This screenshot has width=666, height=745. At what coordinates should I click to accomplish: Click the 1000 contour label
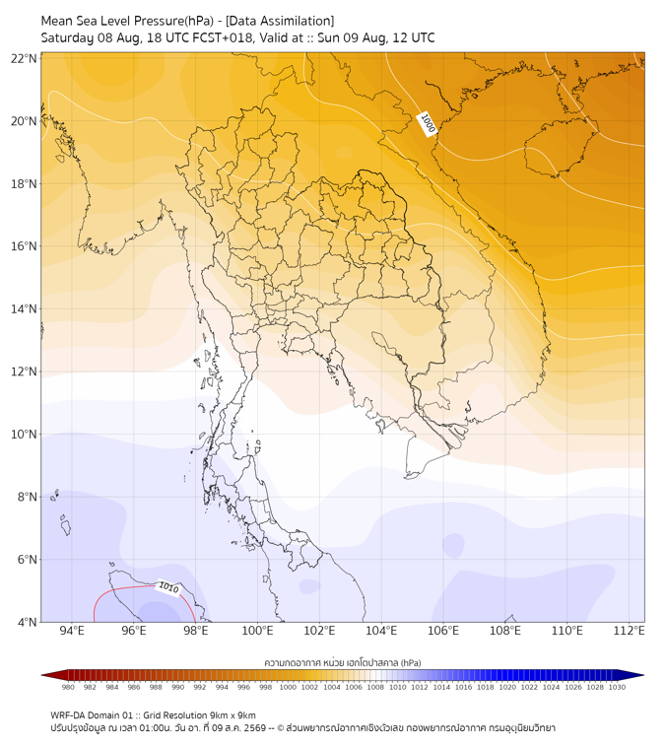coord(428,124)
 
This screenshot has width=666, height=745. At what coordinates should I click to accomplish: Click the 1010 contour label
coord(168,587)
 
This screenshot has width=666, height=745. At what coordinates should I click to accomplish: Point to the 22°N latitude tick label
coord(24,58)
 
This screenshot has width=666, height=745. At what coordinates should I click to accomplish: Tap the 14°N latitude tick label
coord(24,308)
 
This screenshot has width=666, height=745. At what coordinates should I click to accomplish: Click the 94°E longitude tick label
coord(72,631)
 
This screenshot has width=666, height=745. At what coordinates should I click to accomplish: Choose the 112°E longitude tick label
coord(629,631)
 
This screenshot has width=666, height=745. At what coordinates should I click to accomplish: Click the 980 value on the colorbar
coord(68,687)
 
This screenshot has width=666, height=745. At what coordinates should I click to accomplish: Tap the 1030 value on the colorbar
coord(617,687)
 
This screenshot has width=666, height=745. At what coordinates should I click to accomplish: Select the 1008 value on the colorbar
coord(375,687)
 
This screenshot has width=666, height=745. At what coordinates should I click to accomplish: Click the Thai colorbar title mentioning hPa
coord(343,662)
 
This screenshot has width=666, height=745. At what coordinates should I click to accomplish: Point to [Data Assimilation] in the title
coord(280,21)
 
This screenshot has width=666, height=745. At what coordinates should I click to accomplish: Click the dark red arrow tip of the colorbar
coord(42,675)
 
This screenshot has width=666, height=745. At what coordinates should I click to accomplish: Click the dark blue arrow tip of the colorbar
coord(643,675)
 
